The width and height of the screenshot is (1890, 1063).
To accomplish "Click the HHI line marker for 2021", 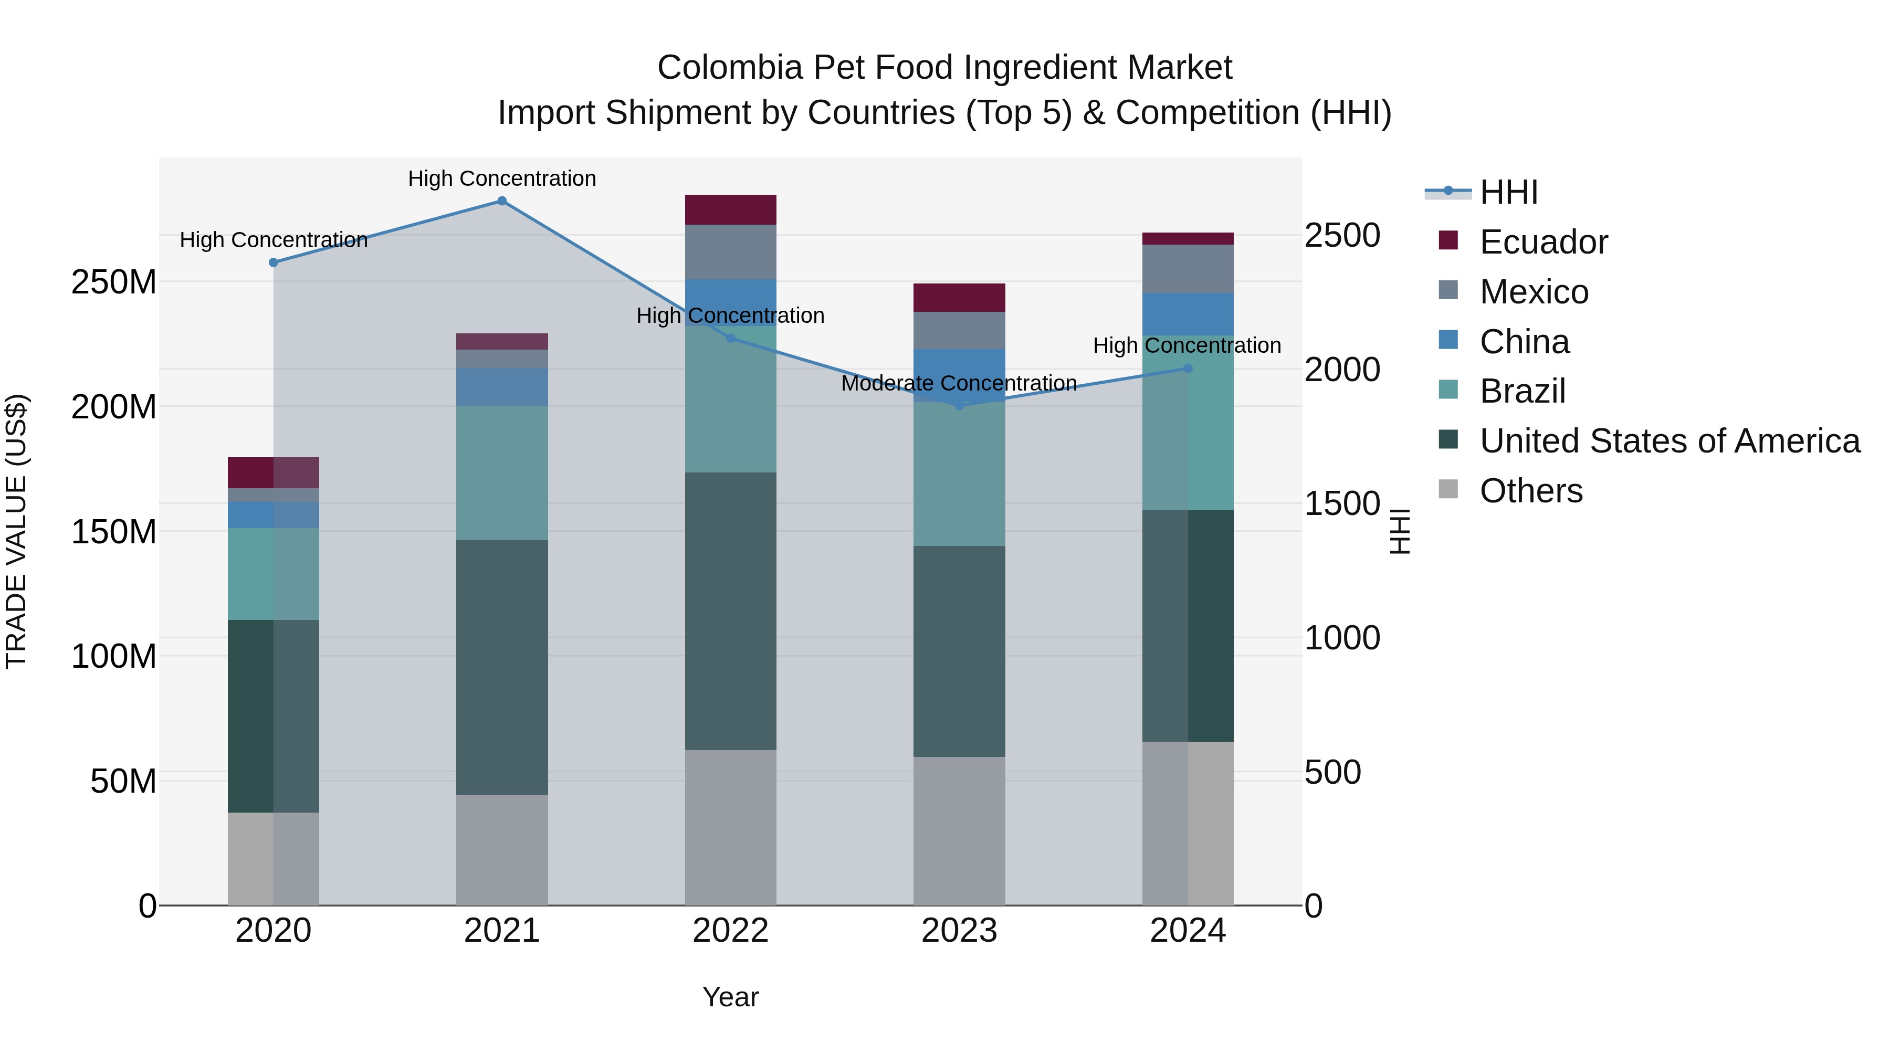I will click(502, 201).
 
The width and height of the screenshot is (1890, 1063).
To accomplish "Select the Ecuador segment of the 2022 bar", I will click(730, 210).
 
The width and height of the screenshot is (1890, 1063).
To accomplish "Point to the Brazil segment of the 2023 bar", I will click(959, 473).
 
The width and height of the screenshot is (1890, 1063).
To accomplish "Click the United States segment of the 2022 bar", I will click(730, 611).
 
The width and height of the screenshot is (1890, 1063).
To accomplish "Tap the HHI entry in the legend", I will click(1508, 192).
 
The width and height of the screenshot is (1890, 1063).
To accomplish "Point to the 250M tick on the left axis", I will click(114, 282).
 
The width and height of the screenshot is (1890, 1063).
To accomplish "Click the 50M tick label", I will click(123, 781).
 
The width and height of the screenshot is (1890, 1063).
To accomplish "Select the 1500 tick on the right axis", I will click(1342, 504).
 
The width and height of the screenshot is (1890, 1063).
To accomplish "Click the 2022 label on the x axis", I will click(730, 931).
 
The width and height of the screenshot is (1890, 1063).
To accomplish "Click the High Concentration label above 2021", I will click(502, 178).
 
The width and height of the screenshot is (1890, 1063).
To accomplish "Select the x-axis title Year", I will click(730, 997).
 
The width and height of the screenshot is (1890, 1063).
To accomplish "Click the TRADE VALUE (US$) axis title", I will click(16, 531).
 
